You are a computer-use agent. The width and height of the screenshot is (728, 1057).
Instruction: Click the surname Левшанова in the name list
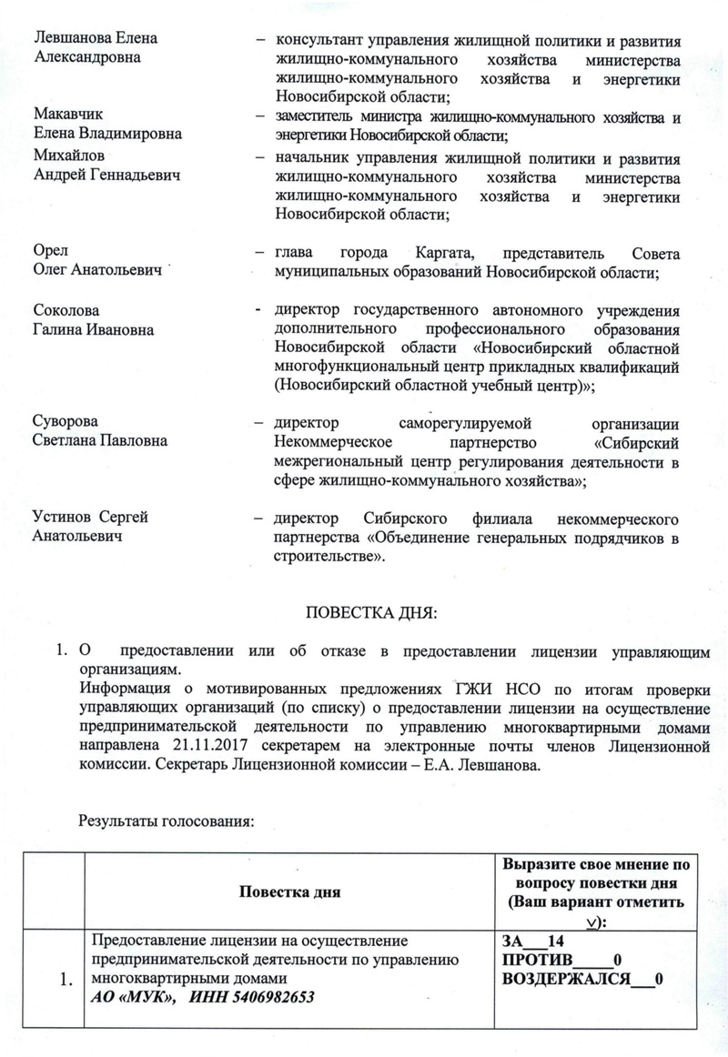(71, 38)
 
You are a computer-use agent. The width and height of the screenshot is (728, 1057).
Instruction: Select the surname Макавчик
(67, 115)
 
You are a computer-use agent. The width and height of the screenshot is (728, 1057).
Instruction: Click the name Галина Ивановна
(92, 328)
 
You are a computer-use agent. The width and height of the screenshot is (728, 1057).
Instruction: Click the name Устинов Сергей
(90, 518)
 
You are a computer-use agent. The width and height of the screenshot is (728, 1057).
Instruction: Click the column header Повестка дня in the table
(289, 891)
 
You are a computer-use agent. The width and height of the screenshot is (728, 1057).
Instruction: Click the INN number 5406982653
(270, 997)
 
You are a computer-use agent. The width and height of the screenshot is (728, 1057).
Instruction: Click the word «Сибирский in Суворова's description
(637, 442)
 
